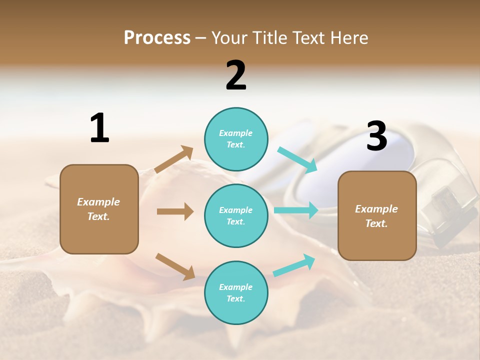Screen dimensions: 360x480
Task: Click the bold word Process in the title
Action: (x=157, y=37)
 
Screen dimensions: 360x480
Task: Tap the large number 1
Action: (x=99, y=128)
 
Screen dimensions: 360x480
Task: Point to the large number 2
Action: (x=236, y=75)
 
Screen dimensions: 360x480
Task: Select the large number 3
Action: (x=376, y=136)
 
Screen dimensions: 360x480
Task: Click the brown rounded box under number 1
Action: (x=99, y=209)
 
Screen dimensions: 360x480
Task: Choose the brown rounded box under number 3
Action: (x=377, y=215)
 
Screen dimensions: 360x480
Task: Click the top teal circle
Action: (x=236, y=139)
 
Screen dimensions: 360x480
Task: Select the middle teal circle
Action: (x=236, y=215)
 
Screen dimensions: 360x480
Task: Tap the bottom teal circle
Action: (x=236, y=292)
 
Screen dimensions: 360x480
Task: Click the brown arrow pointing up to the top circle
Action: (x=174, y=159)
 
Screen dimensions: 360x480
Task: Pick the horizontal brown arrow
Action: (x=175, y=211)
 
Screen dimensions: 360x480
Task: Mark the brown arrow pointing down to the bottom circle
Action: (x=175, y=266)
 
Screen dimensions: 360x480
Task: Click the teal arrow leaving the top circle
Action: (x=297, y=160)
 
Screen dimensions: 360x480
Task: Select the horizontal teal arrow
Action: (x=296, y=210)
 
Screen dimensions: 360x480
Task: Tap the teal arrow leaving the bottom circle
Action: (x=294, y=265)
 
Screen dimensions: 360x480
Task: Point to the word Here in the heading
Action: (x=348, y=37)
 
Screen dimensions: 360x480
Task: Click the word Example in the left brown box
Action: (x=98, y=202)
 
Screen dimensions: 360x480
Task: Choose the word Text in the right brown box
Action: (x=376, y=223)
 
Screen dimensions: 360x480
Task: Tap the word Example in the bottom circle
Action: (x=236, y=287)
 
